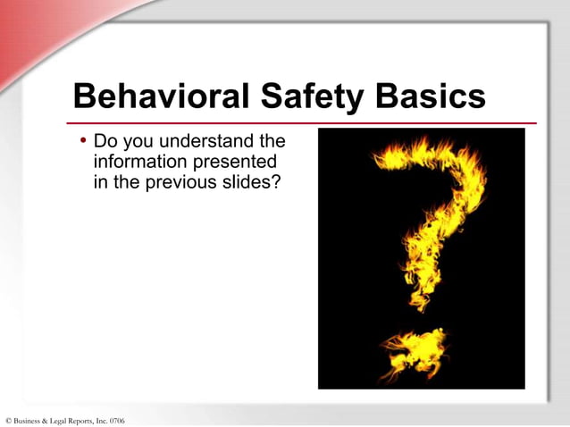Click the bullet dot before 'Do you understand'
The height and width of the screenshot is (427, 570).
point(83,141)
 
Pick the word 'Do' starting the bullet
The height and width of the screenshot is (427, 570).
point(105,142)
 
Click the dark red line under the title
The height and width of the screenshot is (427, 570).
point(304,123)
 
